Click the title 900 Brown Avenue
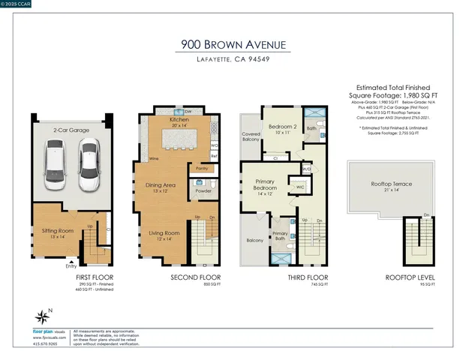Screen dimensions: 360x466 click(x=233, y=45)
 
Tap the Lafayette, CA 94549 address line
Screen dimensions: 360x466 click(x=233, y=60)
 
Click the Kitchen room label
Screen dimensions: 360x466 click(x=179, y=120)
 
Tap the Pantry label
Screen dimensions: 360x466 click(x=201, y=169)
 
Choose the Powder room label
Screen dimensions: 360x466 click(x=203, y=190)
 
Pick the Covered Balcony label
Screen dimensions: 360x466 click(x=251, y=136)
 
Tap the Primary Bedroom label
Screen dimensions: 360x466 click(x=264, y=187)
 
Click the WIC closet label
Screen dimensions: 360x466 click(x=299, y=187)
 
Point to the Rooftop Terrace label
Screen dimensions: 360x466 click(x=391, y=184)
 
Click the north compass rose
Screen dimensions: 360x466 click(x=41, y=316)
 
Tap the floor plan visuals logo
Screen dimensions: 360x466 click(x=49, y=330)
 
